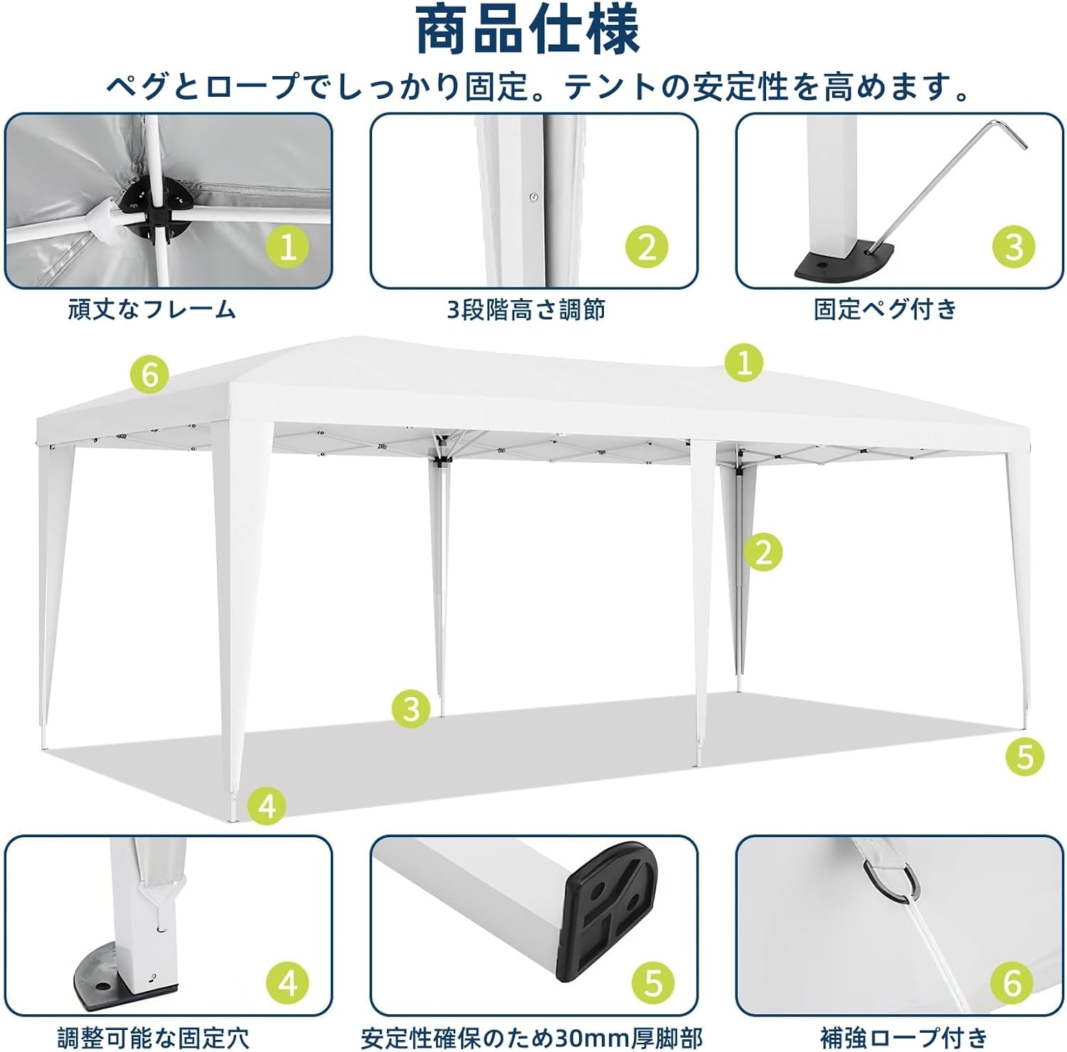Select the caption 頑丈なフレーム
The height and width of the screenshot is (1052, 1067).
152,310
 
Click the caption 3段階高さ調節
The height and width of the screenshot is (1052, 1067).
526,310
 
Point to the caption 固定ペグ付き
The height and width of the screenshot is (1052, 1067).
886,309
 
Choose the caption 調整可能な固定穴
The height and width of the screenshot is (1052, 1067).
154,1037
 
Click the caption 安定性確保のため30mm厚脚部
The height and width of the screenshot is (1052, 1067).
531,1037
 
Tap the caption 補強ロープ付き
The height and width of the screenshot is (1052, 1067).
903,1037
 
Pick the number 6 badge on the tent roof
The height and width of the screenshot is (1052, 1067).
149,373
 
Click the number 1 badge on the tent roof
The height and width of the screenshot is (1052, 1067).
744,363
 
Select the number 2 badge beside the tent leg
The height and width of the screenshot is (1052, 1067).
763,552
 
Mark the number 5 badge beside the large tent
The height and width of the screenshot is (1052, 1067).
1024,756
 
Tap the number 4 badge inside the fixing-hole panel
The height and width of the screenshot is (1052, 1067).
287,984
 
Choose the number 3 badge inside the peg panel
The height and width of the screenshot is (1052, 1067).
1014,248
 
